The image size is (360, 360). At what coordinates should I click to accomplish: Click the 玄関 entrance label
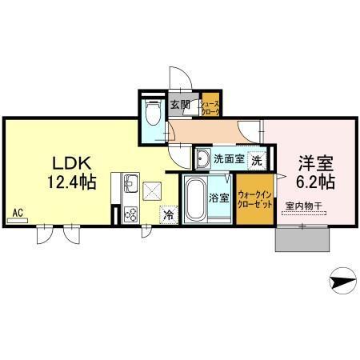[x=180, y=104]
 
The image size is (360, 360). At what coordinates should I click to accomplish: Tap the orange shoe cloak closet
[x=210, y=107]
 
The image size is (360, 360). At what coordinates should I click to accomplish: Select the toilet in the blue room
[x=152, y=114]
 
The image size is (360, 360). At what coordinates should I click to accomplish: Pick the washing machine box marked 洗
[x=256, y=158]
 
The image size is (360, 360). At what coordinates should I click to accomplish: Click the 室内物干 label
[x=303, y=206]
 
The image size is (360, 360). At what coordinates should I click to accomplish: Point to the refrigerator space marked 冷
[x=170, y=214]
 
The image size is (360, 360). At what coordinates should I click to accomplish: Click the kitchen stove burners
[x=130, y=214]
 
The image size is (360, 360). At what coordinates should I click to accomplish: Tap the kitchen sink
[x=128, y=186]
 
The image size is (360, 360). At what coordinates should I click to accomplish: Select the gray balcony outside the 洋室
[x=302, y=238]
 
